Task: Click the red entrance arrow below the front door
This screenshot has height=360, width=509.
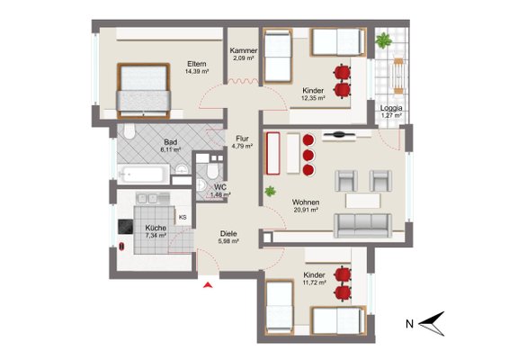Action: pyautogui.click(x=208, y=285)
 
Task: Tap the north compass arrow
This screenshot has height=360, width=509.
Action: pyautogui.click(x=432, y=324)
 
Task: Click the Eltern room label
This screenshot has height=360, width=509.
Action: pyautogui.click(x=197, y=64)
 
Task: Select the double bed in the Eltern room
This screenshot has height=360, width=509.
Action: pyautogui.click(x=144, y=91)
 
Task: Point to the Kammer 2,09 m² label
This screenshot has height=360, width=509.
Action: pyautogui.click(x=243, y=54)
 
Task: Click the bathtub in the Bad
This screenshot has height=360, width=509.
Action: pyautogui.click(x=144, y=175)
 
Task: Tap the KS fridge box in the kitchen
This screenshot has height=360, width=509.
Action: pyautogui.click(x=183, y=217)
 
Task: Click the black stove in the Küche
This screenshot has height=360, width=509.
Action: pyautogui.click(x=125, y=227)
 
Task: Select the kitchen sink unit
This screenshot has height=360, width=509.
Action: pyautogui.click(x=153, y=198)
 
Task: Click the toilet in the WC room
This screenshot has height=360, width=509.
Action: pyautogui.click(x=212, y=171)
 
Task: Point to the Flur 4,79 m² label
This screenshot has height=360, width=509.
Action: pyautogui.click(x=242, y=142)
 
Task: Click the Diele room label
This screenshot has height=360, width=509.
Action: pyautogui.click(x=228, y=234)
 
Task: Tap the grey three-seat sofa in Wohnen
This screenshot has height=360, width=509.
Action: pyautogui.click(x=362, y=226)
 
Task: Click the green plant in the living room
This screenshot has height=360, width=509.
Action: pyautogui.click(x=270, y=192)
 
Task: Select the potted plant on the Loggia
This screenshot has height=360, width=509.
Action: pyautogui.click(x=384, y=40)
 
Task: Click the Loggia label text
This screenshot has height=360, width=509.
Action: pyautogui.click(x=391, y=108)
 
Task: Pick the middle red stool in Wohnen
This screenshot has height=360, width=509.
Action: pyautogui.click(x=308, y=156)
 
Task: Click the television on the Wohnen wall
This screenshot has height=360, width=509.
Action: pyautogui.click(x=338, y=134)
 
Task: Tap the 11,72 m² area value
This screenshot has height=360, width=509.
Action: pyautogui.click(x=315, y=283)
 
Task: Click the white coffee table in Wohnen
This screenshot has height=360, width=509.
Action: pyautogui.click(x=363, y=201)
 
